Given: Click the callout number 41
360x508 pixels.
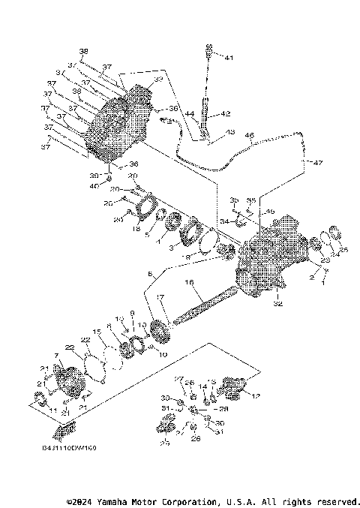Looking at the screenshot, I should [x=228, y=58].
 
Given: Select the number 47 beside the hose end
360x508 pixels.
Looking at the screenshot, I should [x=317, y=163].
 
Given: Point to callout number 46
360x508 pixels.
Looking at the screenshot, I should [x=249, y=136].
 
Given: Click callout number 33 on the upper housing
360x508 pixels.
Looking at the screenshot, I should [x=158, y=80].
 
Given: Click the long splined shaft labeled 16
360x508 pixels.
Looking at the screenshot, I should [x=202, y=308].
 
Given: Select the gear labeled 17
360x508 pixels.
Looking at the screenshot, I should [x=159, y=329].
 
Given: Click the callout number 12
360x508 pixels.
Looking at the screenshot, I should [x=257, y=396].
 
